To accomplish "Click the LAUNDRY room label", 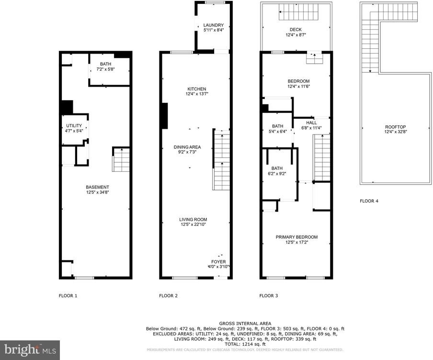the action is click(214, 25).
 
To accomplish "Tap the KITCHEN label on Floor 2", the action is click(196, 89).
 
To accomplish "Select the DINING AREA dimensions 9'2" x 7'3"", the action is click(187, 152).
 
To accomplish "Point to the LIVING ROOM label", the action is click(193, 219).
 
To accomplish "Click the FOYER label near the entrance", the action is click(218, 262).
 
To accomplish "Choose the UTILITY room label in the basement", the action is click(74, 125).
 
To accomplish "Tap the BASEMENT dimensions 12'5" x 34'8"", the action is click(97, 192).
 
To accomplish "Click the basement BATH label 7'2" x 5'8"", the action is click(105, 67).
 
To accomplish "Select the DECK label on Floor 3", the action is click(296, 30).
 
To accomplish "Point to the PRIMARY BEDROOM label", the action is click(296, 237).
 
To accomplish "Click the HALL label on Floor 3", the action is click(311, 123).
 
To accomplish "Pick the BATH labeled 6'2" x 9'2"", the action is click(277, 171).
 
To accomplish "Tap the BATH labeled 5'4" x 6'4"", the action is click(277, 129).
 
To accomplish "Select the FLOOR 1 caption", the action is click(68, 296).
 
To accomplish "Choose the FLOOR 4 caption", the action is click(369, 201).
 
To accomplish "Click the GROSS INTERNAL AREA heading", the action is click(245, 324).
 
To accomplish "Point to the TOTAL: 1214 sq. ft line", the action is click(245, 344).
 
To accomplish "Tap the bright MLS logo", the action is click(30, 350).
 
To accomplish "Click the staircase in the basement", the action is click(121, 159).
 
